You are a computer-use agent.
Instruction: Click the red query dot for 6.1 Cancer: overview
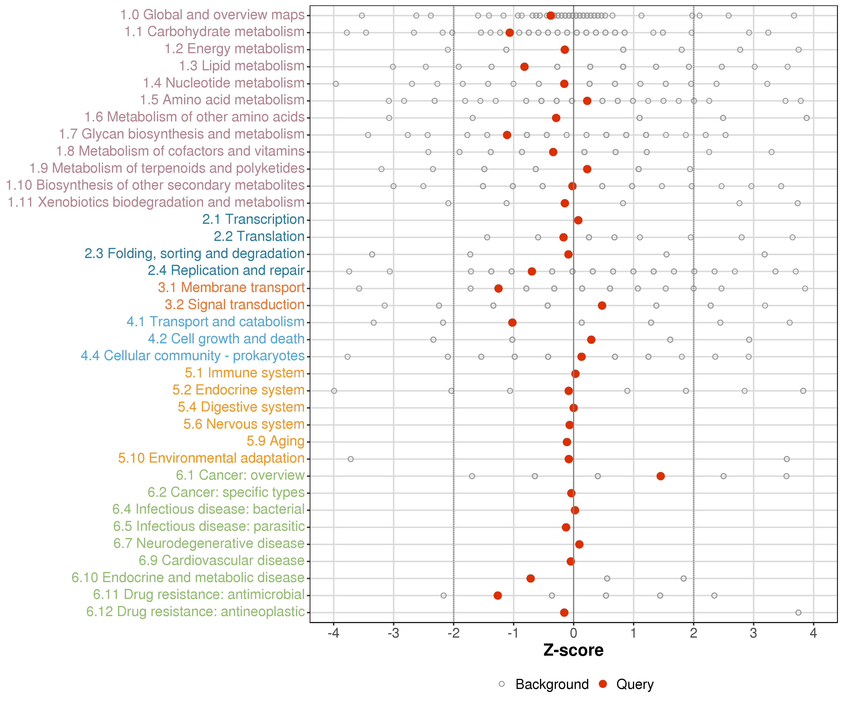click(x=660, y=476)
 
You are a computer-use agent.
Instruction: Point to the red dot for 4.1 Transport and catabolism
click(x=512, y=323)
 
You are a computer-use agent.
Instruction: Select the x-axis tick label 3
click(x=754, y=633)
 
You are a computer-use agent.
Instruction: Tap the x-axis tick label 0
click(x=573, y=633)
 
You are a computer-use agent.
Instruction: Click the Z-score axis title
click(x=573, y=650)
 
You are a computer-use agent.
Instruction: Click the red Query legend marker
click(x=603, y=684)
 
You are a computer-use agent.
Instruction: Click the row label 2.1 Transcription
click(x=253, y=219)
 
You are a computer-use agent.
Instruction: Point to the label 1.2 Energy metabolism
click(x=234, y=49)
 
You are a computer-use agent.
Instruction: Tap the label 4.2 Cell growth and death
click(x=226, y=339)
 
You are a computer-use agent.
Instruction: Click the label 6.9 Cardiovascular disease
click(x=222, y=560)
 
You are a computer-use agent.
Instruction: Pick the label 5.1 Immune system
click(x=244, y=373)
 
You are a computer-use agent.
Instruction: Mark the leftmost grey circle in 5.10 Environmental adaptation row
click(x=351, y=459)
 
